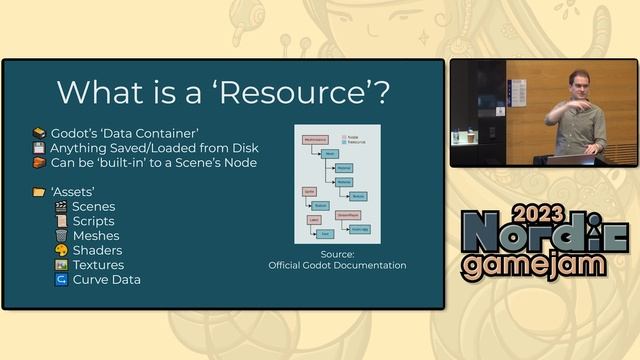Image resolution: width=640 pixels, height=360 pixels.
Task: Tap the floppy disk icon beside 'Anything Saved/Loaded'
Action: tap(39, 148)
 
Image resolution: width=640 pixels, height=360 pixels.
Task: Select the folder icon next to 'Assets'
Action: tap(39, 192)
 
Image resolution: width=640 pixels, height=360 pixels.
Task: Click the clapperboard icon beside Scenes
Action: tap(61, 207)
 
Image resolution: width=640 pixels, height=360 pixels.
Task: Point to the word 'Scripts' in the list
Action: tap(93, 221)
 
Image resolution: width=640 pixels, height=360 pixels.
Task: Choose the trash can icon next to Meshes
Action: tap(61, 236)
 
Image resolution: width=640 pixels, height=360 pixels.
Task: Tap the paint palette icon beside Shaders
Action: tap(61, 250)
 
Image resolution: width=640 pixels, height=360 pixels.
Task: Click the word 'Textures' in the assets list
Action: tap(98, 265)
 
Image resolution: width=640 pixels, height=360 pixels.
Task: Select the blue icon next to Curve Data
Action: tap(61, 280)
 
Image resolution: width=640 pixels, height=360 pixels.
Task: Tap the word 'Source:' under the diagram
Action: tap(337, 254)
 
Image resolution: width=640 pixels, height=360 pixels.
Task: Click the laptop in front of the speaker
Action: tap(569, 158)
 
